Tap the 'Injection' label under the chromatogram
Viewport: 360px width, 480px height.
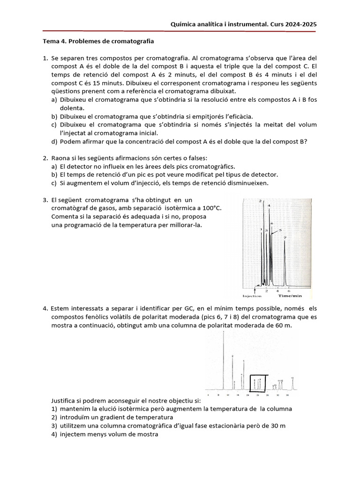[252, 296]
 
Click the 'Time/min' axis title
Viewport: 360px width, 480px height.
[290, 296]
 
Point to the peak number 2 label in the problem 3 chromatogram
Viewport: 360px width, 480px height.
[260, 201]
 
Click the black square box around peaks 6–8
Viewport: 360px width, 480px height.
[259, 382]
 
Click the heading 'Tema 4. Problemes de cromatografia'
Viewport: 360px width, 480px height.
[98, 41]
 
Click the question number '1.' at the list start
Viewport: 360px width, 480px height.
[45, 58]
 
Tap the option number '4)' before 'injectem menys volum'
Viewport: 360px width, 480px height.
[54, 434]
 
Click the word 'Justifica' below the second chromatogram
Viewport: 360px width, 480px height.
[65, 400]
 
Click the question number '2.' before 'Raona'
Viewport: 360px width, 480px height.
[45, 158]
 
